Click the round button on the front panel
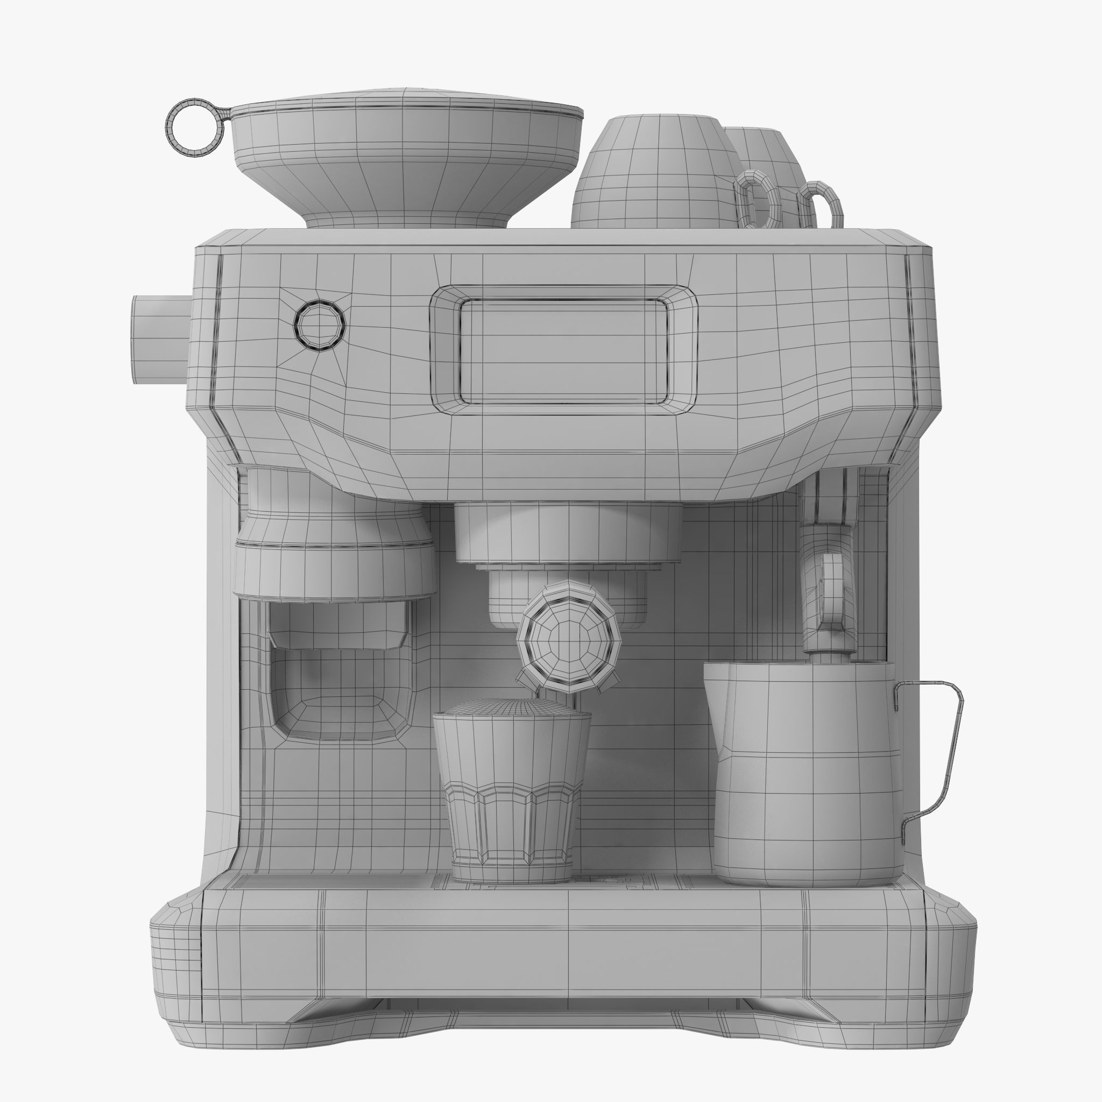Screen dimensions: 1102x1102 click(319, 325)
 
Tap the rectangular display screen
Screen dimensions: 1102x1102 click(563, 351)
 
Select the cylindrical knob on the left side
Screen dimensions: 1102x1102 click(160, 340)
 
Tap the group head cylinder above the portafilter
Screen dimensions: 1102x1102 click(568, 533)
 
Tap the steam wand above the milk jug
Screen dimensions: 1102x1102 click(830, 599)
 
